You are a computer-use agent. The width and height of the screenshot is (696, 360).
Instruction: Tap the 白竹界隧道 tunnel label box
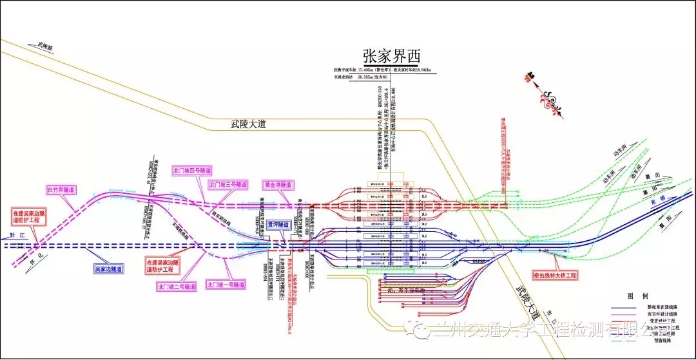[61, 190]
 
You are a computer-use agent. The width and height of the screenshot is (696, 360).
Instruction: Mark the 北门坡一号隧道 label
[225, 284]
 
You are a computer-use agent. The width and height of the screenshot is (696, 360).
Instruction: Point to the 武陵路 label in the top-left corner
[44, 46]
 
